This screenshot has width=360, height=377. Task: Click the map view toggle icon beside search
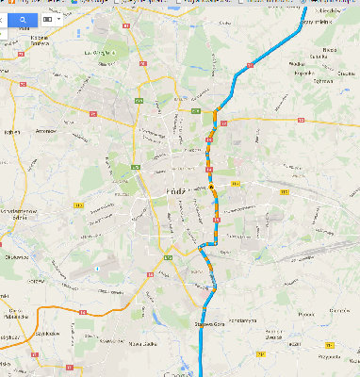click(x=48, y=18)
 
